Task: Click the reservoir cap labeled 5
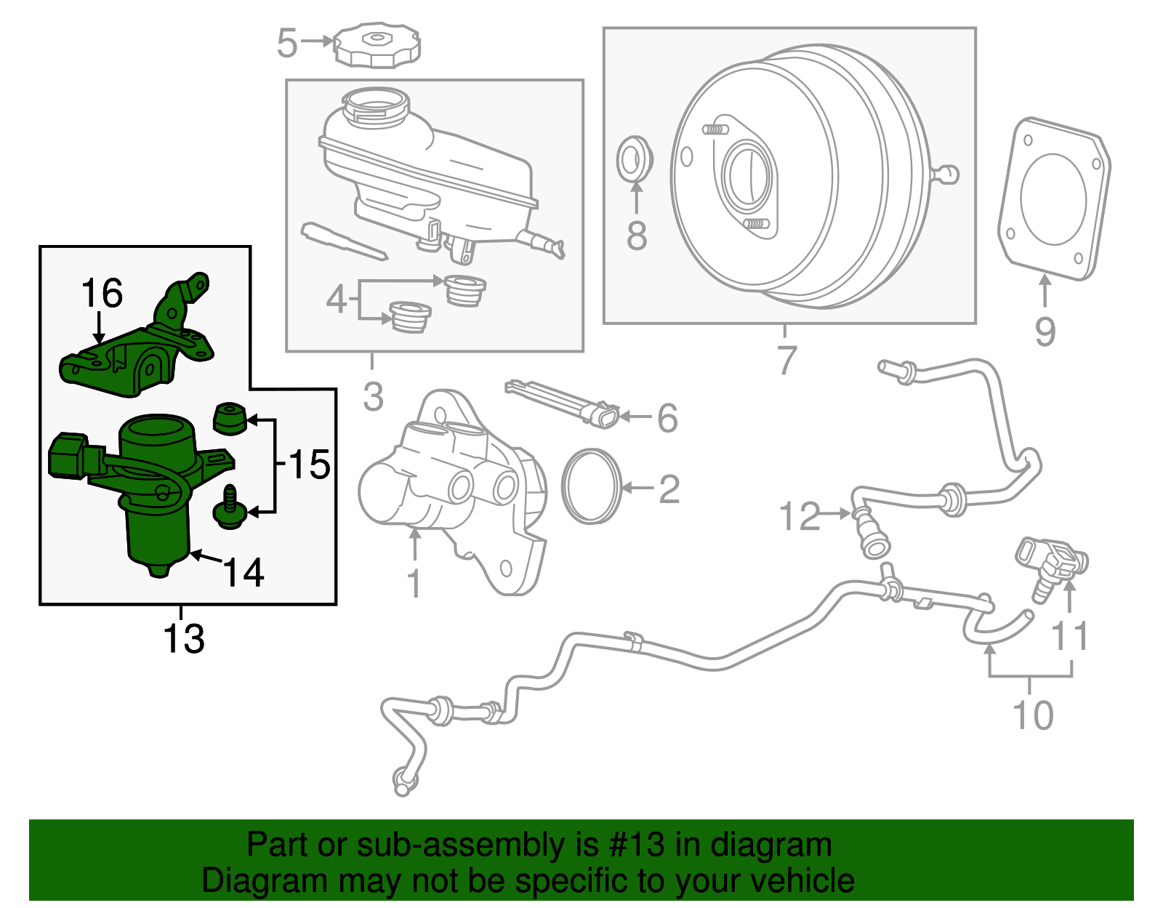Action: tap(377, 45)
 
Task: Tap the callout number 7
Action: tap(786, 360)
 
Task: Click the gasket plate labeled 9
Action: tap(1054, 198)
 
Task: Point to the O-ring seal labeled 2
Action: tap(592, 486)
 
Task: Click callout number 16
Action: tap(102, 294)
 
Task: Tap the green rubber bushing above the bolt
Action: tap(230, 418)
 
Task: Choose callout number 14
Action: tap(244, 573)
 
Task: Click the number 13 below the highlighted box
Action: tap(184, 639)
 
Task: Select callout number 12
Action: tap(799, 516)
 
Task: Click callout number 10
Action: tap(1032, 715)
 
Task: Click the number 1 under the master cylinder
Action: tap(414, 583)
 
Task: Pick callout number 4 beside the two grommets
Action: tap(335, 299)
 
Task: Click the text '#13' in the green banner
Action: tap(631, 845)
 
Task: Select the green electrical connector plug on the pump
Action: tap(67, 455)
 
